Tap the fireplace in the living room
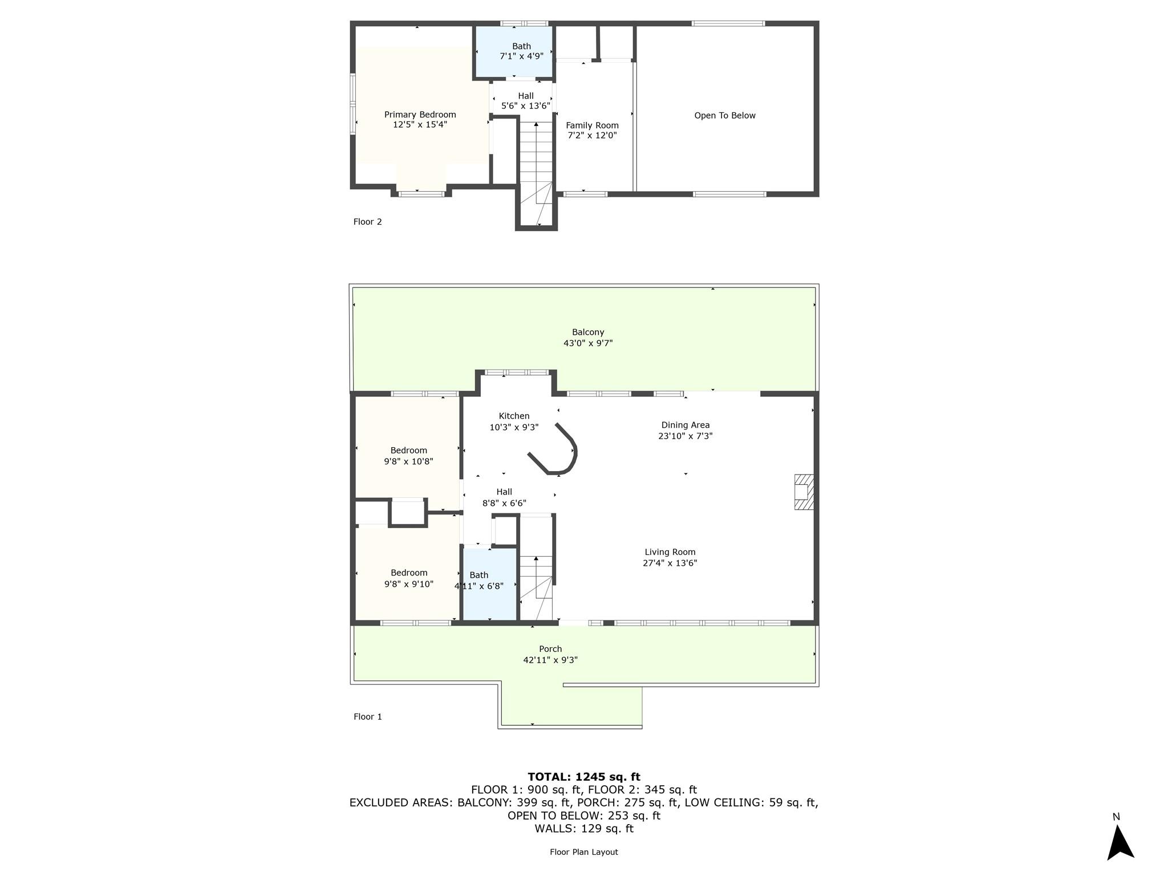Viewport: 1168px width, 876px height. tap(804, 492)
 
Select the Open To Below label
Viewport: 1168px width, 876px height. tap(724, 115)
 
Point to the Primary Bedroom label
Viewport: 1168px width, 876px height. tap(420, 115)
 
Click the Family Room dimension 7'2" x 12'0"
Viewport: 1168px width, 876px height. tap(592, 135)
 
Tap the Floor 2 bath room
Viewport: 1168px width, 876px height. tap(514, 51)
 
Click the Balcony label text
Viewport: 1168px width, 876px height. tap(587, 332)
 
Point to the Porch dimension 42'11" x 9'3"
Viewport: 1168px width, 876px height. tap(550, 660)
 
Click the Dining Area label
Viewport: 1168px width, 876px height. tap(685, 425)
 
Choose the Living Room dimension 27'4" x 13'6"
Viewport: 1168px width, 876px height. tap(670, 563)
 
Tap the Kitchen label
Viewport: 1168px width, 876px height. tap(514, 416)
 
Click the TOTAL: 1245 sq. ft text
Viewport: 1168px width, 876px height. tap(583, 777)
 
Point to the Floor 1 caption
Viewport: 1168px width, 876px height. tap(367, 716)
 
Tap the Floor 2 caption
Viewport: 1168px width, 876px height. tap(367, 221)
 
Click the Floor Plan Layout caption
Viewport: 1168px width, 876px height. tap(583, 852)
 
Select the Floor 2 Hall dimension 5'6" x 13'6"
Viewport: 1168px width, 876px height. tap(525, 106)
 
